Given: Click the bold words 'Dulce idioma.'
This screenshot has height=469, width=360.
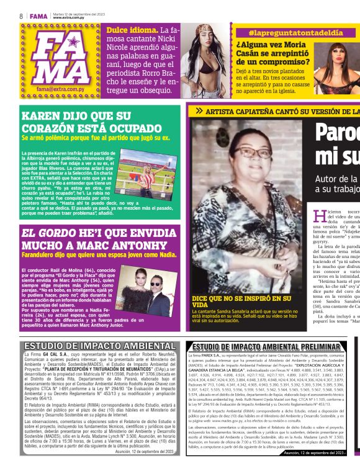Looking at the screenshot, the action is tap(131, 30).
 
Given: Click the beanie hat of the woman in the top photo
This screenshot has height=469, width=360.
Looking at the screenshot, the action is tap(207, 30).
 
